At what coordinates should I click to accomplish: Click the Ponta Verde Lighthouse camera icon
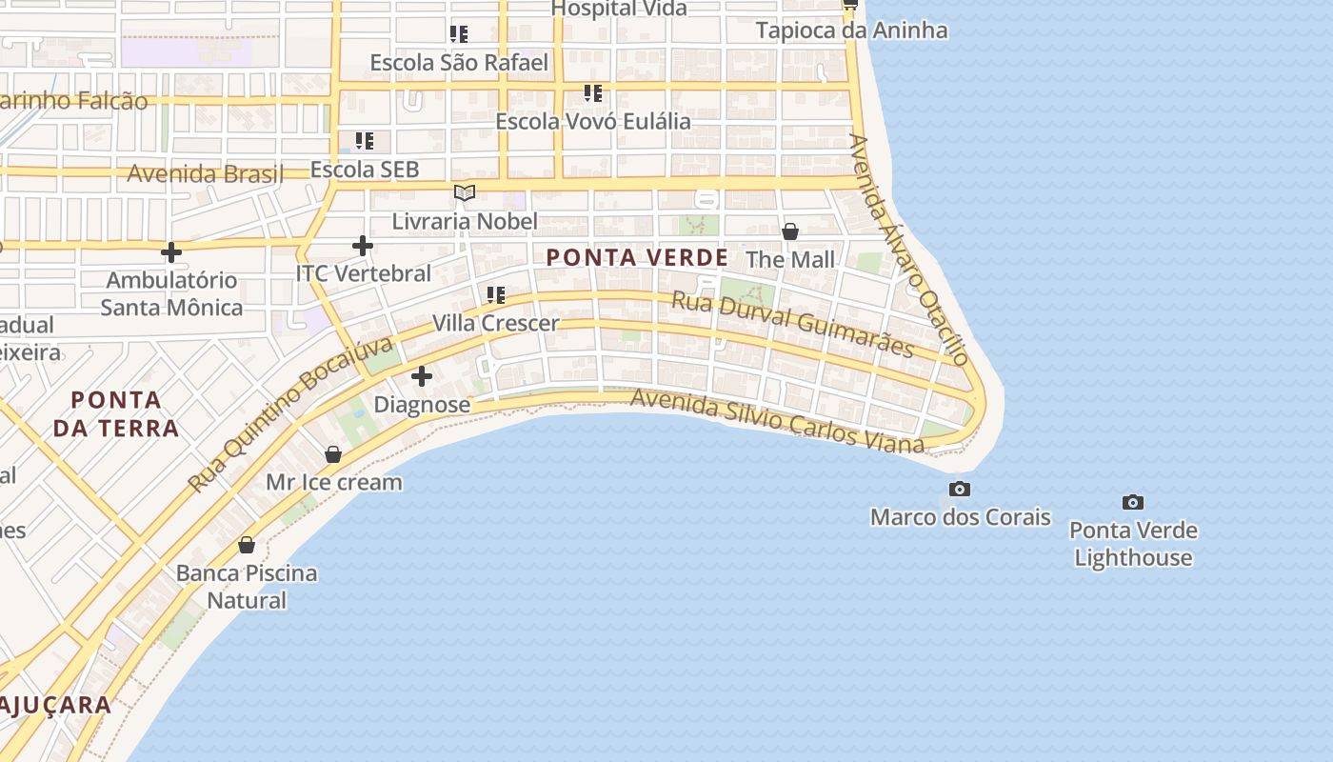1132,502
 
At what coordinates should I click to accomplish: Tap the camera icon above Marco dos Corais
960,490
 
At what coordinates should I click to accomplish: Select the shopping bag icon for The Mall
789,231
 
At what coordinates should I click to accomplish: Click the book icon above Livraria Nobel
464,193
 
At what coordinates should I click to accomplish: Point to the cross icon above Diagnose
421,376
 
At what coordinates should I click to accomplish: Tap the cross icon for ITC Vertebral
362,246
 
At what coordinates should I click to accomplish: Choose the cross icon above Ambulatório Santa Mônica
171,252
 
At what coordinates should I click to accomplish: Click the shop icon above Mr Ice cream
333,454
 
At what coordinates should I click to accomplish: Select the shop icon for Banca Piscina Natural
247,545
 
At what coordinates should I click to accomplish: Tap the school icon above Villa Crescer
495,295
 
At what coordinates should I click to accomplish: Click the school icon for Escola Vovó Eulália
593,93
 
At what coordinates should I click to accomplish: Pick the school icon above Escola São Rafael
459,34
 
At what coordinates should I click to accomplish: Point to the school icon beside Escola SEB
364,142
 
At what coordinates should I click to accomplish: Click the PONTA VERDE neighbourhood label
637,257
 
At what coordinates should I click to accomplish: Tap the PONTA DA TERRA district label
115,413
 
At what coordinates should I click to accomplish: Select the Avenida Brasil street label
205,174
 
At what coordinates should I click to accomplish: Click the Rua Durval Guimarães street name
792,325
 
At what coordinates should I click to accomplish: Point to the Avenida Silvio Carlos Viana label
776,421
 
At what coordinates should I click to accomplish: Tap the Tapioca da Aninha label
851,30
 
